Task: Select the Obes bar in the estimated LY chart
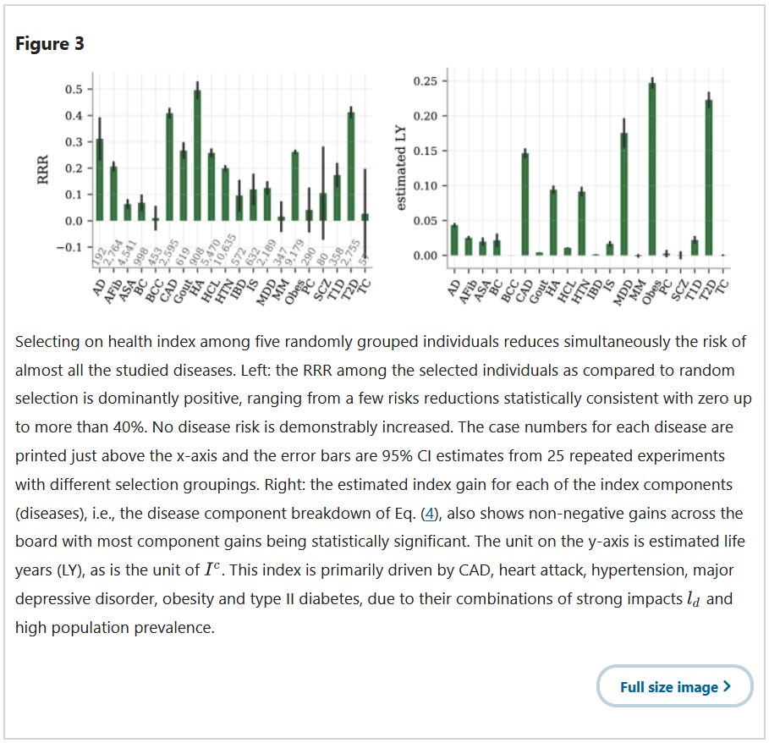tap(651, 169)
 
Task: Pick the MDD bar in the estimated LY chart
tap(624, 194)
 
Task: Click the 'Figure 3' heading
tap(50, 44)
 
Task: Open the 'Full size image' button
tap(674, 686)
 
